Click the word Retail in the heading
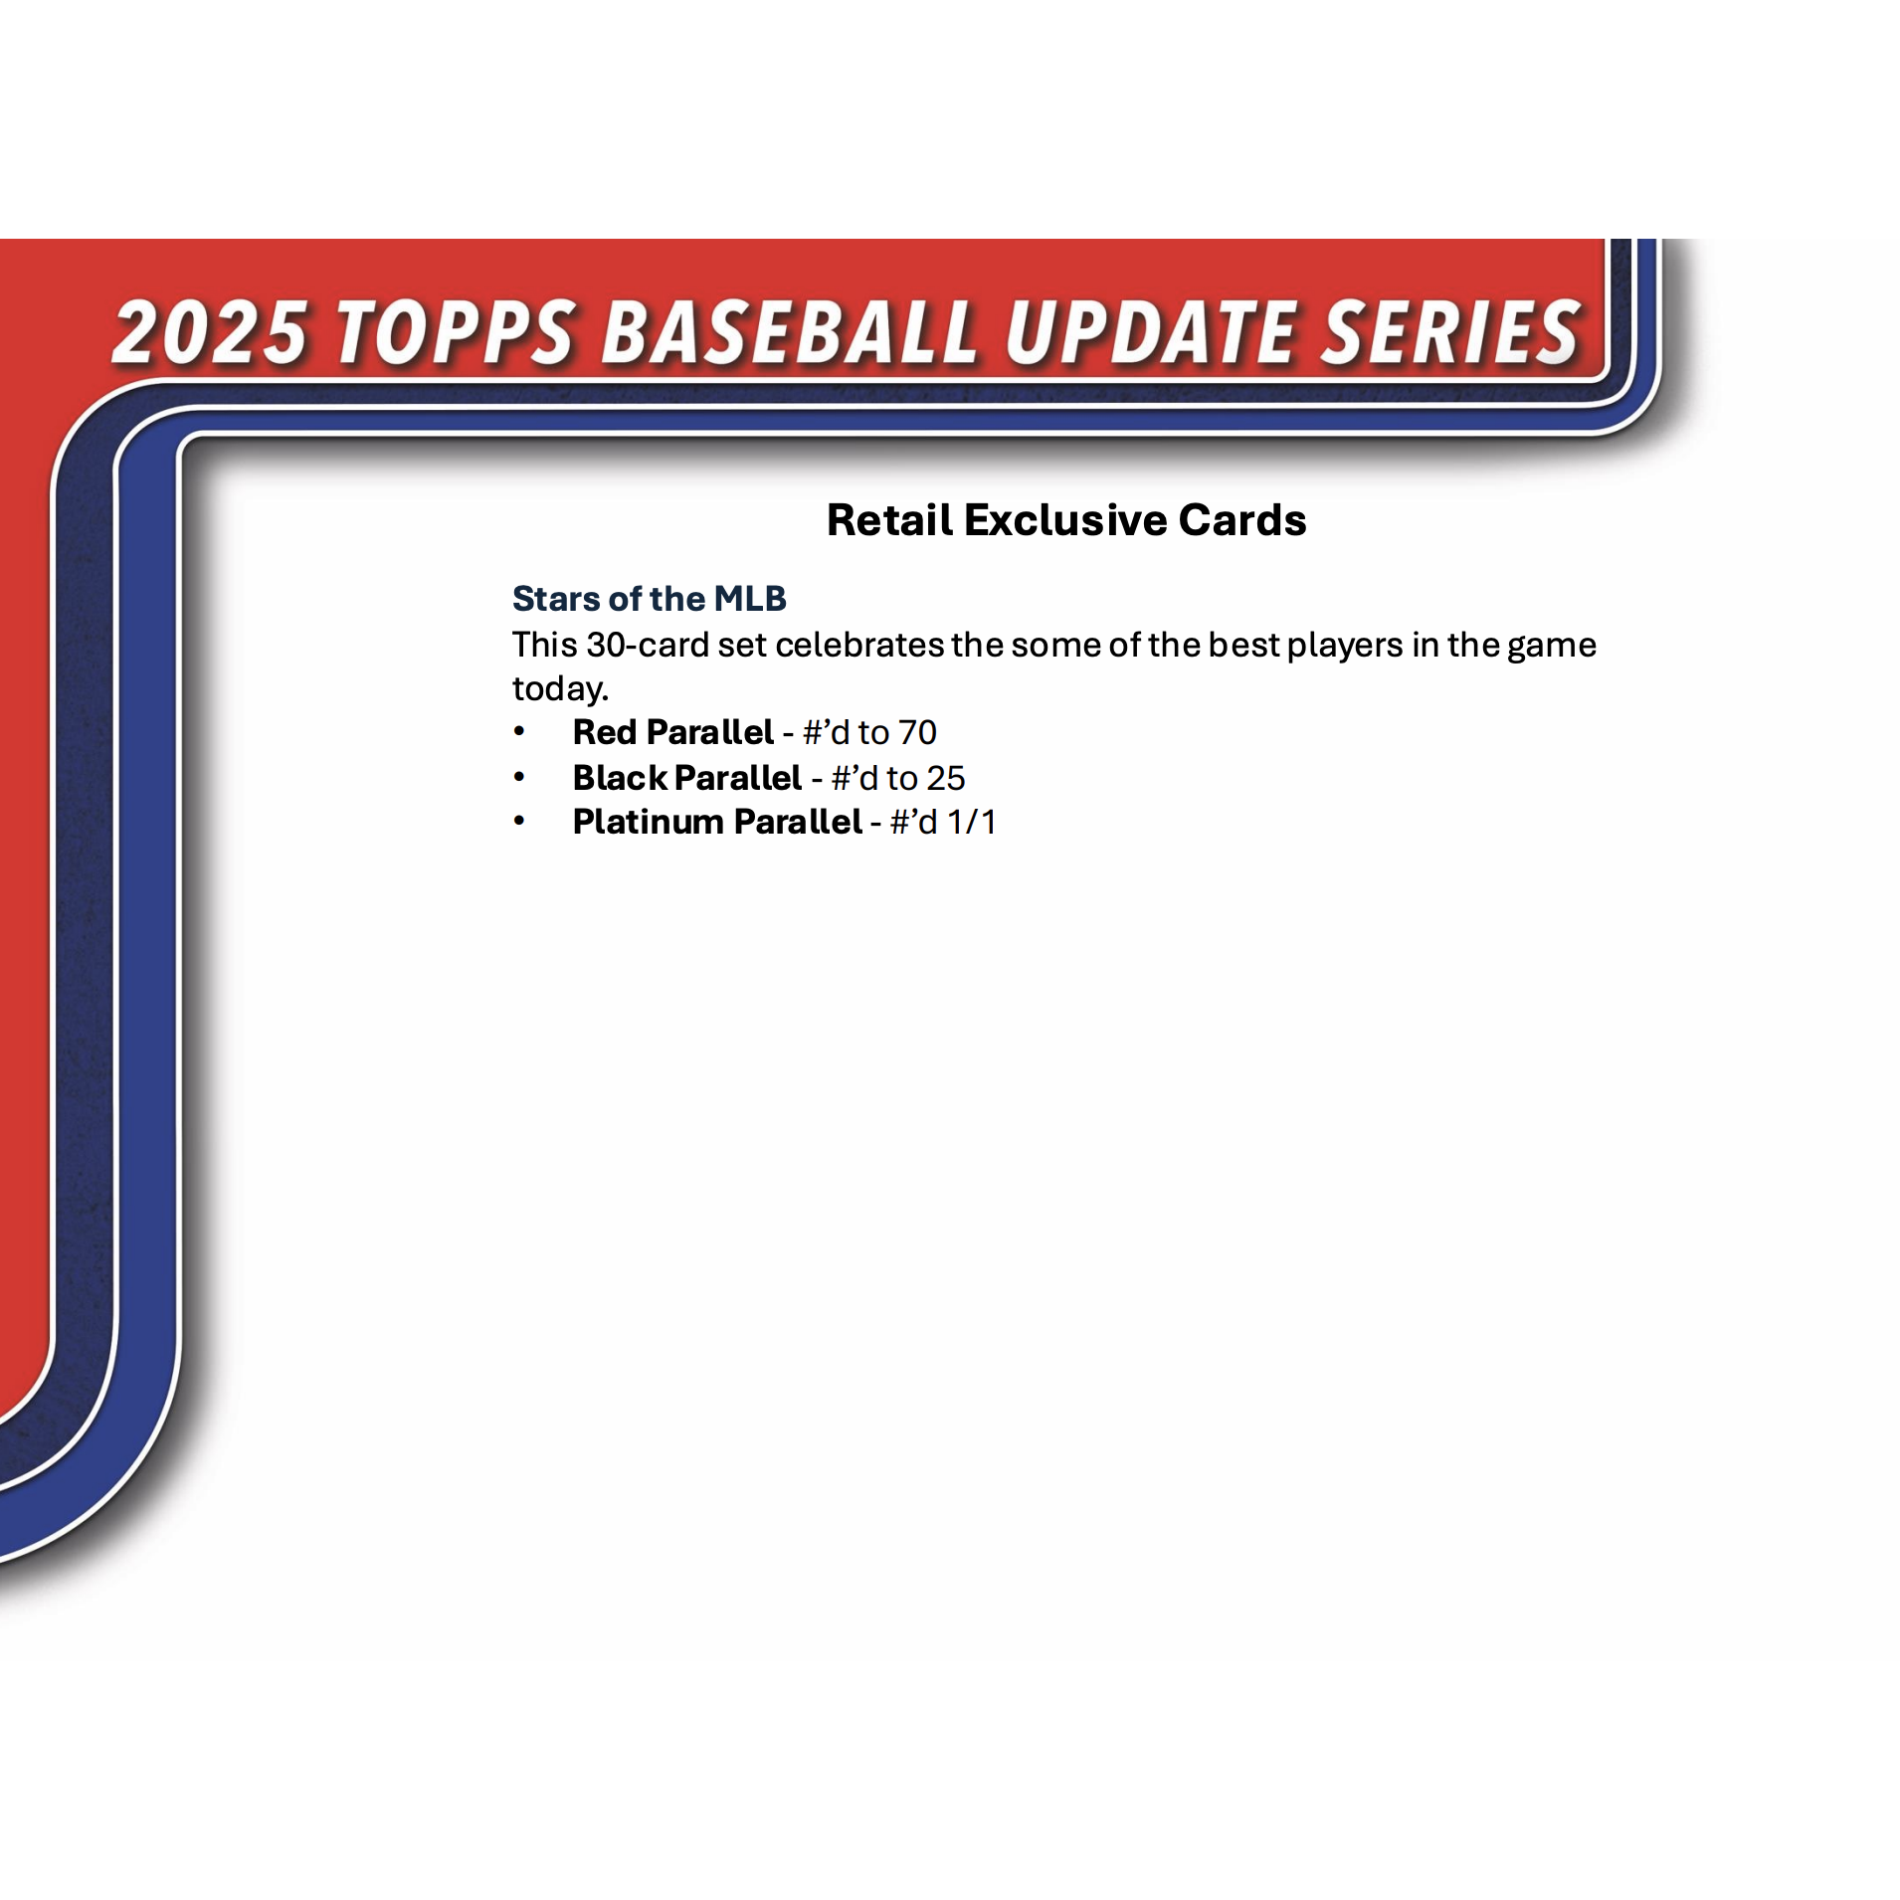889,519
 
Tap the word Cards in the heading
1241,519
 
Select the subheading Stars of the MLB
649,598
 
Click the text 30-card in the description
647,645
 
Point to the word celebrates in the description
859,645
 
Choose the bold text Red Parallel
673,732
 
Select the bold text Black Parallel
687,777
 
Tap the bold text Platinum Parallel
717,822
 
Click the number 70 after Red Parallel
917,732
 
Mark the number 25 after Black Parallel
945,777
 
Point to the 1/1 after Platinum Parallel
971,822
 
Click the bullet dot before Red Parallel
519,731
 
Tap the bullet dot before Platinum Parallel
519,821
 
